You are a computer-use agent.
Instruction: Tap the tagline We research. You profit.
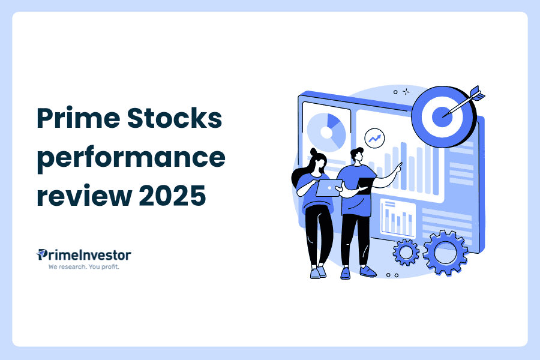pyautogui.click(x=84, y=266)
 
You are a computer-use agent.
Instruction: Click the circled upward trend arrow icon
pyautogui.click(x=376, y=138)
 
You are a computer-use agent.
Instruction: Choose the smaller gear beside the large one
pyautogui.click(x=406, y=253)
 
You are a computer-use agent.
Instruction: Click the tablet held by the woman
pyautogui.click(x=328, y=188)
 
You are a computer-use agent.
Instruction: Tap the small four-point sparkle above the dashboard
pyautogui.click(x=406, y=92)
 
